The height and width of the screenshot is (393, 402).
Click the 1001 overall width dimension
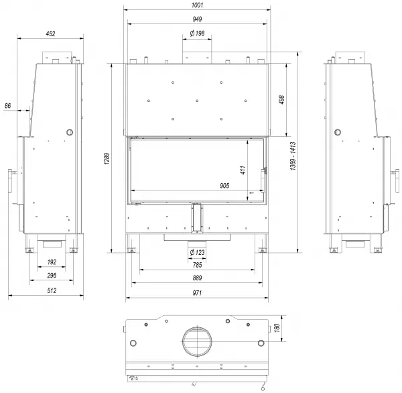pyautogui.click(x=197, y=5)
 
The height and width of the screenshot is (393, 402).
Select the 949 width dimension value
pyautogui.click(x=197, y=19)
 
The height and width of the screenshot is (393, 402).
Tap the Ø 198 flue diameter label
pyautogui.click(x=197, y=34)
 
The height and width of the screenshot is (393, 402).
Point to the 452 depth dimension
pyautogui.click(x=50, y=34)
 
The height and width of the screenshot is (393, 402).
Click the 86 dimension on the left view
pyautogui.click(x=7, y=106)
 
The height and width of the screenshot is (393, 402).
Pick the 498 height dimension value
pyautogui.click(x=281, y=100)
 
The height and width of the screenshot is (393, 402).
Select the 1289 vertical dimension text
pyautogui.click(x=107, y=159)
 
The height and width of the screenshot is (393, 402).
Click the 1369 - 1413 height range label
pyautogui.click(x=293, y=156)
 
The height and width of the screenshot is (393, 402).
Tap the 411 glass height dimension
pyautogui.click(x=243, y=170)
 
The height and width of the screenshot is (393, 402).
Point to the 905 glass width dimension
pyautogui.click(x=224, y=186)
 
